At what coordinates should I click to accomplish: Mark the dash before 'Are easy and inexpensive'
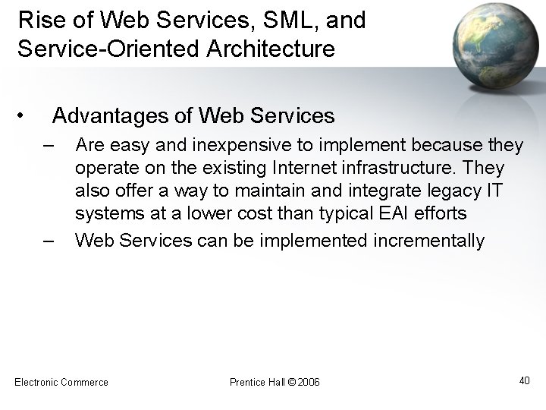49,145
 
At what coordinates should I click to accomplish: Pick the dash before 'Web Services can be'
49,241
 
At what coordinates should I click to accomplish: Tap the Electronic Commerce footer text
61,381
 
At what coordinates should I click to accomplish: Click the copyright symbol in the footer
293,381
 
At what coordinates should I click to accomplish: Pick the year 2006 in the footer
309,381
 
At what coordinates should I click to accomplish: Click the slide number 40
524,380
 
